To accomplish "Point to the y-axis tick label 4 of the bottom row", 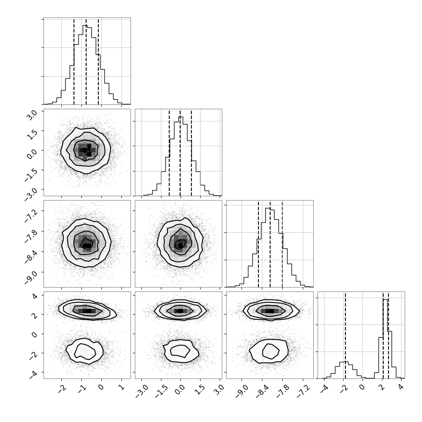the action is (35, 296).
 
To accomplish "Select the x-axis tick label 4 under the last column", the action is (401, 387).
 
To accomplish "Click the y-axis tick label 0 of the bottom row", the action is (35, 334).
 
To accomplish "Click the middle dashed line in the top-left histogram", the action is (86, 62).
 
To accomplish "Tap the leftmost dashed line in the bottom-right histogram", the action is (345, 335).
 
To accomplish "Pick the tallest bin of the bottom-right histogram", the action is (385, 339).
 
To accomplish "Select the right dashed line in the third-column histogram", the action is (282, 244).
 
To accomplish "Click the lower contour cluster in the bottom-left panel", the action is (84, 351).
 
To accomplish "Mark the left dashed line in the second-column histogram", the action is (169, 153).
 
